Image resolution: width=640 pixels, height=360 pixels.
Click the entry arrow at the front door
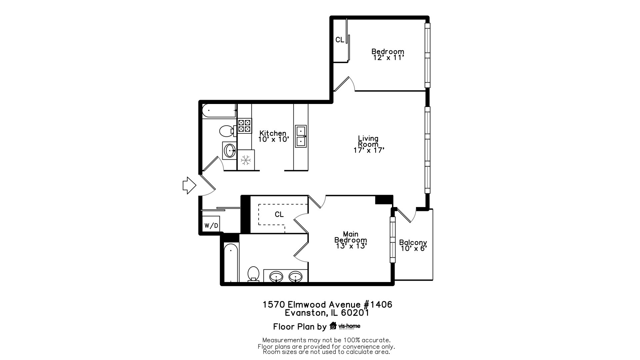(189, 185)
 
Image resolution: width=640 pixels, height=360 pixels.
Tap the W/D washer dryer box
(211, 226)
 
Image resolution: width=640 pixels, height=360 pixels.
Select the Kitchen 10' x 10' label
(273, 136)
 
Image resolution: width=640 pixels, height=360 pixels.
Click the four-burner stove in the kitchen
(244, 126)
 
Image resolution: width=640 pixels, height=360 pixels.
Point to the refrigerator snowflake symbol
(246, 160)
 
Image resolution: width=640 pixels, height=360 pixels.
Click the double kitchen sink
(301, 136)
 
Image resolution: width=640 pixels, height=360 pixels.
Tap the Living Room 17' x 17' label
(368, 144)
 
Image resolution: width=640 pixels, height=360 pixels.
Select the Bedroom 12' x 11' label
(388, 54)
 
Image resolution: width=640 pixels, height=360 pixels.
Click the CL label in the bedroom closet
(340, 40)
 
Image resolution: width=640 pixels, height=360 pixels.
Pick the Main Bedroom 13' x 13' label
(351, 240)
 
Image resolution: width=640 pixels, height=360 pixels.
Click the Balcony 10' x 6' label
(413, 245)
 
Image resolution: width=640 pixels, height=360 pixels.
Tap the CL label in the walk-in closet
(279, 214)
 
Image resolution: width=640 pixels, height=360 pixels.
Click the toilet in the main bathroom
(254, 274)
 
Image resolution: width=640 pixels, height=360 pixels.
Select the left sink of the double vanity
(276, 276)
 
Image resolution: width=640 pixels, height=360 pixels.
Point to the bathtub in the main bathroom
(231, 263)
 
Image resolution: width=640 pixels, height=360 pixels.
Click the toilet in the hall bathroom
(227, 131)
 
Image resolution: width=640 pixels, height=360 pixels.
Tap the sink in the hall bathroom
(230, 151)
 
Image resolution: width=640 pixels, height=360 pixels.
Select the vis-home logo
(345, 326)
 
